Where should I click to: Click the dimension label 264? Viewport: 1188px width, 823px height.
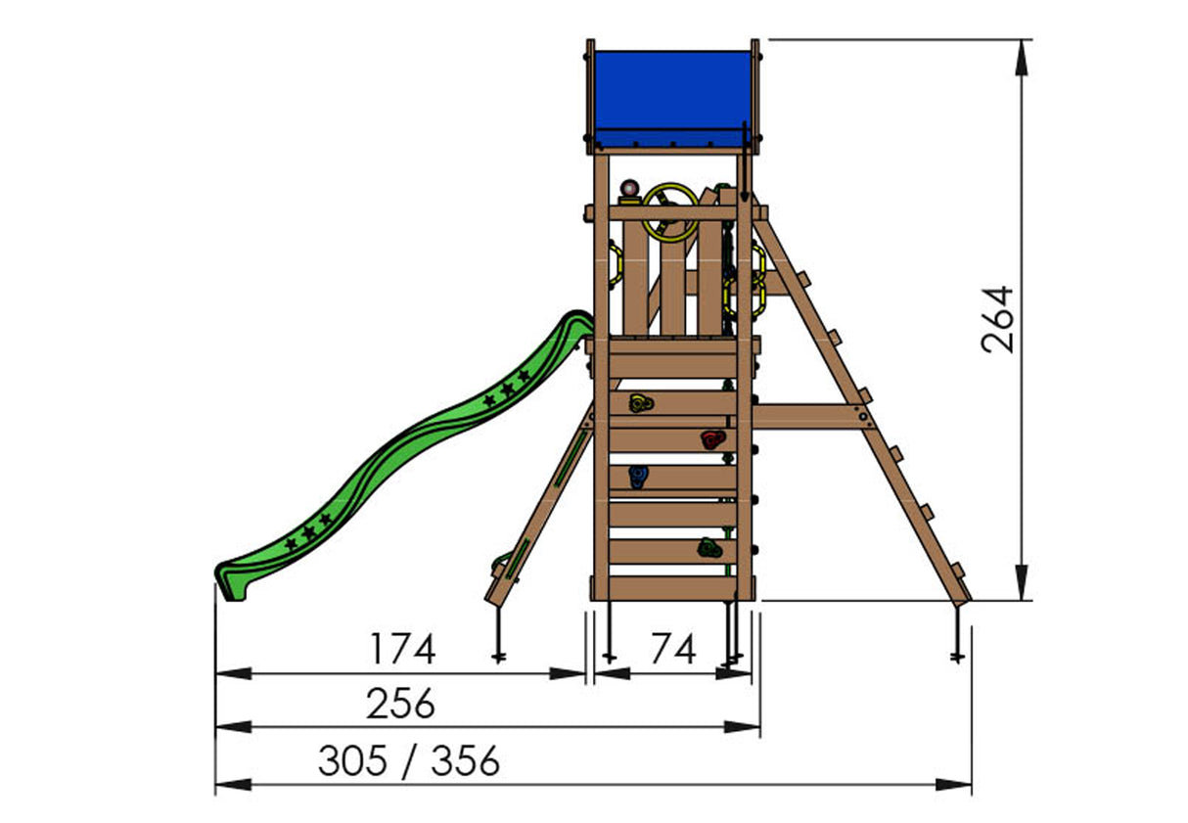[x=997, y=319]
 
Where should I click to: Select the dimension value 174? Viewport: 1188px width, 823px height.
[x=402, y=649]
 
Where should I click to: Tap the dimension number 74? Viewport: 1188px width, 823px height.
[x=672, y=649]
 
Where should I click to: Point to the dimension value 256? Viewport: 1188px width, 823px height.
[x=400, y=704]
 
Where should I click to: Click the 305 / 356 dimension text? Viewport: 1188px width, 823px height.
[x=409, y=760]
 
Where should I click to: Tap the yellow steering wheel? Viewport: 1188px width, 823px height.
[x=669, y=211]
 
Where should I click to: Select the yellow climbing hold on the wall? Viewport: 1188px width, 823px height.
[x=639, y=402]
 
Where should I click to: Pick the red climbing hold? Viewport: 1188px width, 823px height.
[x=711, y=439]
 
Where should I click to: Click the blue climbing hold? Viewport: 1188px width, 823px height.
[x=638, y=477]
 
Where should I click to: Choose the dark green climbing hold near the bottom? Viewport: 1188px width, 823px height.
[x=708, y=549]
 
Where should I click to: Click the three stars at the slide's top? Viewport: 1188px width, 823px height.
[x=507, y=388]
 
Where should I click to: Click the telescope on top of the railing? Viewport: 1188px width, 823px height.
[x=629, y=190]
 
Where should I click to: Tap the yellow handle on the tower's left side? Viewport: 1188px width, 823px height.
[x=615, y=263]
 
